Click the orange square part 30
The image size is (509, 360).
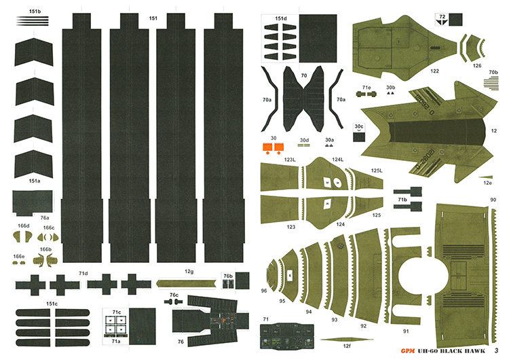click(269, 146)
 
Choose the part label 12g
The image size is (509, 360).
click(189, 272)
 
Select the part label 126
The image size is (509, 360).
click(477, 66)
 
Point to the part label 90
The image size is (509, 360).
click(492, 200)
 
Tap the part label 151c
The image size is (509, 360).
click(52, 303)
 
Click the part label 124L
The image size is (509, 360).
click(337, 160)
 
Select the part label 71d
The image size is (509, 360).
click(83, 273)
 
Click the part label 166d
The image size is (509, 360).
click(24, 226)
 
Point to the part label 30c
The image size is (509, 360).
click(359, 126)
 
